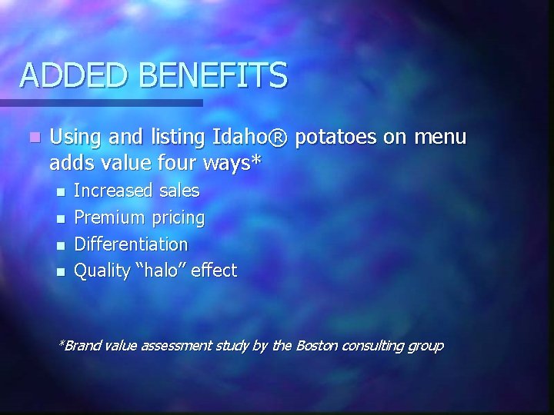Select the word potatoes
click(332, 138)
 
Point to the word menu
click(440, 138)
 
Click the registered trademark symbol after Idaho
click(279, 138)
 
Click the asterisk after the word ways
click(255, 161)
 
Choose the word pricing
click(177, 219)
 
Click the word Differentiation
click(130, 244)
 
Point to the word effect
click(215, 271)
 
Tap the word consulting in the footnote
click(373, 347)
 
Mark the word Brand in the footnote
click(82, 346)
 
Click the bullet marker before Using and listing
click(32, 139)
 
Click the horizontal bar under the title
click(100, 102)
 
